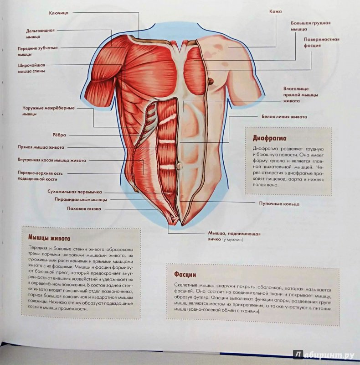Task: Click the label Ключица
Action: (x=59, y=13)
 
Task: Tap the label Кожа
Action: (x=276, y=11)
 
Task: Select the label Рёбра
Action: (x=59, y=135)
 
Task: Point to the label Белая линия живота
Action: (x=284, y=117)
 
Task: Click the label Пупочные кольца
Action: (x=279, y=204)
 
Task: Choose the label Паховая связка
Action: (x=84, y=209)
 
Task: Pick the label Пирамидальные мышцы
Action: (x=81, y=200)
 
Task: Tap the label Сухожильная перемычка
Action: (x=75, y=192)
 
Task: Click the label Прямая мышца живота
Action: (x=41, y=147)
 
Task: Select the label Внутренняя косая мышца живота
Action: (x=52, y=161)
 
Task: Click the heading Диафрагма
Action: (x=269, y=138)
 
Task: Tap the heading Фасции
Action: (x=185, y=275)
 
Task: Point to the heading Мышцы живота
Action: (x=49, y=238)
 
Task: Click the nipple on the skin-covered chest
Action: (x=211, y=81)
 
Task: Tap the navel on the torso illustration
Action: (x=179, y=166)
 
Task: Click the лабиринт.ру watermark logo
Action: (x=324, y=355)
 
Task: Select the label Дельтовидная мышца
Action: (x=40, y=33)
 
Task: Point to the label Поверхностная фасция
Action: (x=322, y=42)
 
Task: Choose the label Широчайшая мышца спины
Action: (x=31, y=68)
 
